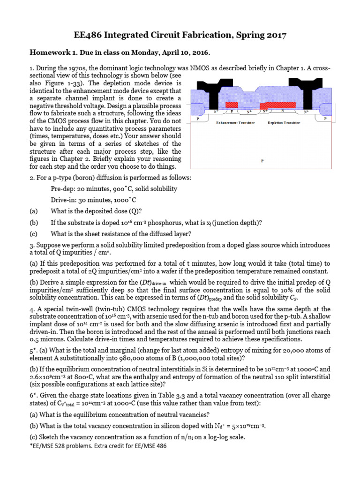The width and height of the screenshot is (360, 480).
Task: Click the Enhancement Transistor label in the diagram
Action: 235,123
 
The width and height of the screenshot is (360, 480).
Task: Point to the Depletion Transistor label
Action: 284,123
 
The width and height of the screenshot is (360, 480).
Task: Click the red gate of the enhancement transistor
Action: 232,105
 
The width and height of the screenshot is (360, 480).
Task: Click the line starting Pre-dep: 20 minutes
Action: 114,188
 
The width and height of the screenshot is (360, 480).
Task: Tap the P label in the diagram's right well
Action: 324,119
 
